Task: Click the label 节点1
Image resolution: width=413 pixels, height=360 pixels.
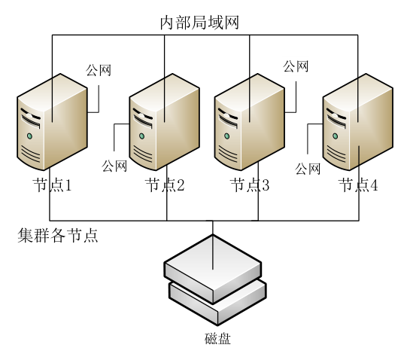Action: (51, 185)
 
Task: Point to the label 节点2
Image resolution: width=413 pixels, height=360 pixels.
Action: (165, 185)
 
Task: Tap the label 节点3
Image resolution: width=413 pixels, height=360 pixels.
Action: (250, 185)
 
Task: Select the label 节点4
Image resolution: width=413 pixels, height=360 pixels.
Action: (358, 185)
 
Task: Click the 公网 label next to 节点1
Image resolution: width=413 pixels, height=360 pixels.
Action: (99, 72)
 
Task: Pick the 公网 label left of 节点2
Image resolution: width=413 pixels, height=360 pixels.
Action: (114, 164)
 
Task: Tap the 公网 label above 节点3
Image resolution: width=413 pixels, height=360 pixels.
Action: (296, 66)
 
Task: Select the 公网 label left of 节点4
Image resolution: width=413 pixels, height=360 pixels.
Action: (308, 168)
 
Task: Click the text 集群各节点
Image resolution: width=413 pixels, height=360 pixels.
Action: (58, 236)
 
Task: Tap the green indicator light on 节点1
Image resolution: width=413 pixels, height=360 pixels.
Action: (29, 136)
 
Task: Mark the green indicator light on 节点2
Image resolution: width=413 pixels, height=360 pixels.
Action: (141, 136)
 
